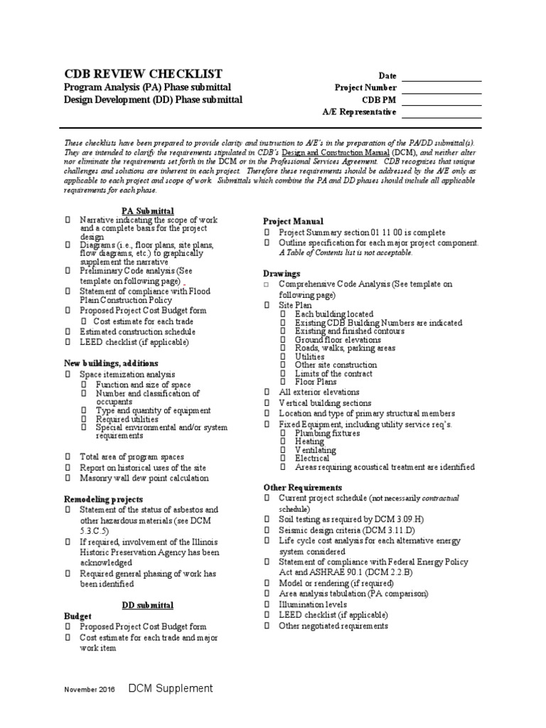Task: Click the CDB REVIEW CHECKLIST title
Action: [144, 74]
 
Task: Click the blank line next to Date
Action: [441, 76]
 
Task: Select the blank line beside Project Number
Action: [441, 88]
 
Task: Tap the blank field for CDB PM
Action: [441, 100]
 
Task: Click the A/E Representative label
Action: [360, 112]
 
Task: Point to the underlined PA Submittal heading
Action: [148, 211]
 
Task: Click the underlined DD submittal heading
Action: [148, 605]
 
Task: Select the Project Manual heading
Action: [293, 222]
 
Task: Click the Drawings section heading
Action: [282, 274]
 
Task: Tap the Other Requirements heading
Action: [303, 488]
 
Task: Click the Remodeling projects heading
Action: [103, 499]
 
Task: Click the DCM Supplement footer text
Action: [171, 688]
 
